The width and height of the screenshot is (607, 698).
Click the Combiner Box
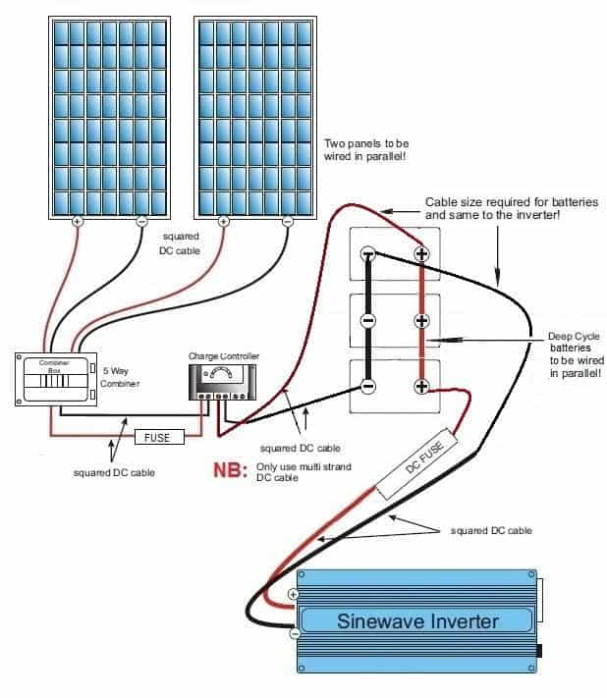[49, 378]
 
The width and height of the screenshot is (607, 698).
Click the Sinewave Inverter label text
[416, 620]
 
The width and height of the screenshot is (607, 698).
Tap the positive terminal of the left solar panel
[78, 223]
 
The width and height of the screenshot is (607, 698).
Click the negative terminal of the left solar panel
[142, 223]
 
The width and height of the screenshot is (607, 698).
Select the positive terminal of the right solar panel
[223, 223]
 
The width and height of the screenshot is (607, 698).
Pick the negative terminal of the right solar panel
[287, 223]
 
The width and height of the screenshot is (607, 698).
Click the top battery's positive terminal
[422, 253]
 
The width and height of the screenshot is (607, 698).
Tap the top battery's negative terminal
[367, 253]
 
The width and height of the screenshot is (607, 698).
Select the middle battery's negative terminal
[367, 320]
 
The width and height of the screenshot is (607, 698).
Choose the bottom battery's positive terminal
[422, 386]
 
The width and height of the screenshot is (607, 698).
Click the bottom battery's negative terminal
[367, 386]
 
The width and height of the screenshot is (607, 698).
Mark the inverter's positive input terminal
[293, 595]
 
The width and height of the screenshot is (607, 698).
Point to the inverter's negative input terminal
[293, 634]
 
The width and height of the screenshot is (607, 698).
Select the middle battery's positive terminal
[422, 320]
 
